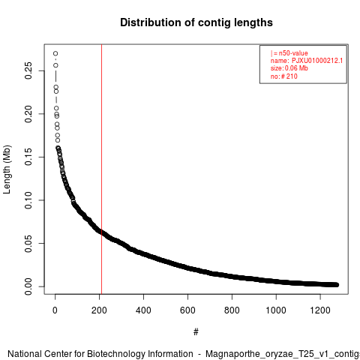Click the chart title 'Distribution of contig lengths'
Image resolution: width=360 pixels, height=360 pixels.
(196, 22)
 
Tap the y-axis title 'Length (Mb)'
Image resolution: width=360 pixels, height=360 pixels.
(7, 169)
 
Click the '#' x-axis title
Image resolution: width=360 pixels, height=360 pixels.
(196, 332)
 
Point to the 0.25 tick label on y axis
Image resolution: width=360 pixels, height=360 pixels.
(28, 70)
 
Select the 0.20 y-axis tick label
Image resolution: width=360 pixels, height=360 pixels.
(28, 114)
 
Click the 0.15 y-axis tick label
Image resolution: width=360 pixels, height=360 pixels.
(28, 157)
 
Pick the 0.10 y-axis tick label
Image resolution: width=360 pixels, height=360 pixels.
(28, 200)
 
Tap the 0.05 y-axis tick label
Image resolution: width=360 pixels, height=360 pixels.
(28, 244)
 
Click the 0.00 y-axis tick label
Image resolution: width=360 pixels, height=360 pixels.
(28, 286)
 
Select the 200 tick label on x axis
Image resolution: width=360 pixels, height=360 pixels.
(99, 310)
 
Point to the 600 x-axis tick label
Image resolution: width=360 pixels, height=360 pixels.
(187, 310)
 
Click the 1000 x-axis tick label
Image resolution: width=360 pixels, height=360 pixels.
(276, 310)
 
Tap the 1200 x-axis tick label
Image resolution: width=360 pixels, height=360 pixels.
(320, 310)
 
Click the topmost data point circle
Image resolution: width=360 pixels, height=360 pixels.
(55, 53)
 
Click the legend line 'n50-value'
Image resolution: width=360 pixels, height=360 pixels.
(289, 53)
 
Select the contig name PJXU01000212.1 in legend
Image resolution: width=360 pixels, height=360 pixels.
(317, 61)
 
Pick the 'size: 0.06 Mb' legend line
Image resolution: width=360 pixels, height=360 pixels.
(289, 68)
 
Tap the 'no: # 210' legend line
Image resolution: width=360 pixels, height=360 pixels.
(284, 76)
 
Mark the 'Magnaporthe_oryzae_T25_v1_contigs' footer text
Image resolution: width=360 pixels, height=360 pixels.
(283, 354)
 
